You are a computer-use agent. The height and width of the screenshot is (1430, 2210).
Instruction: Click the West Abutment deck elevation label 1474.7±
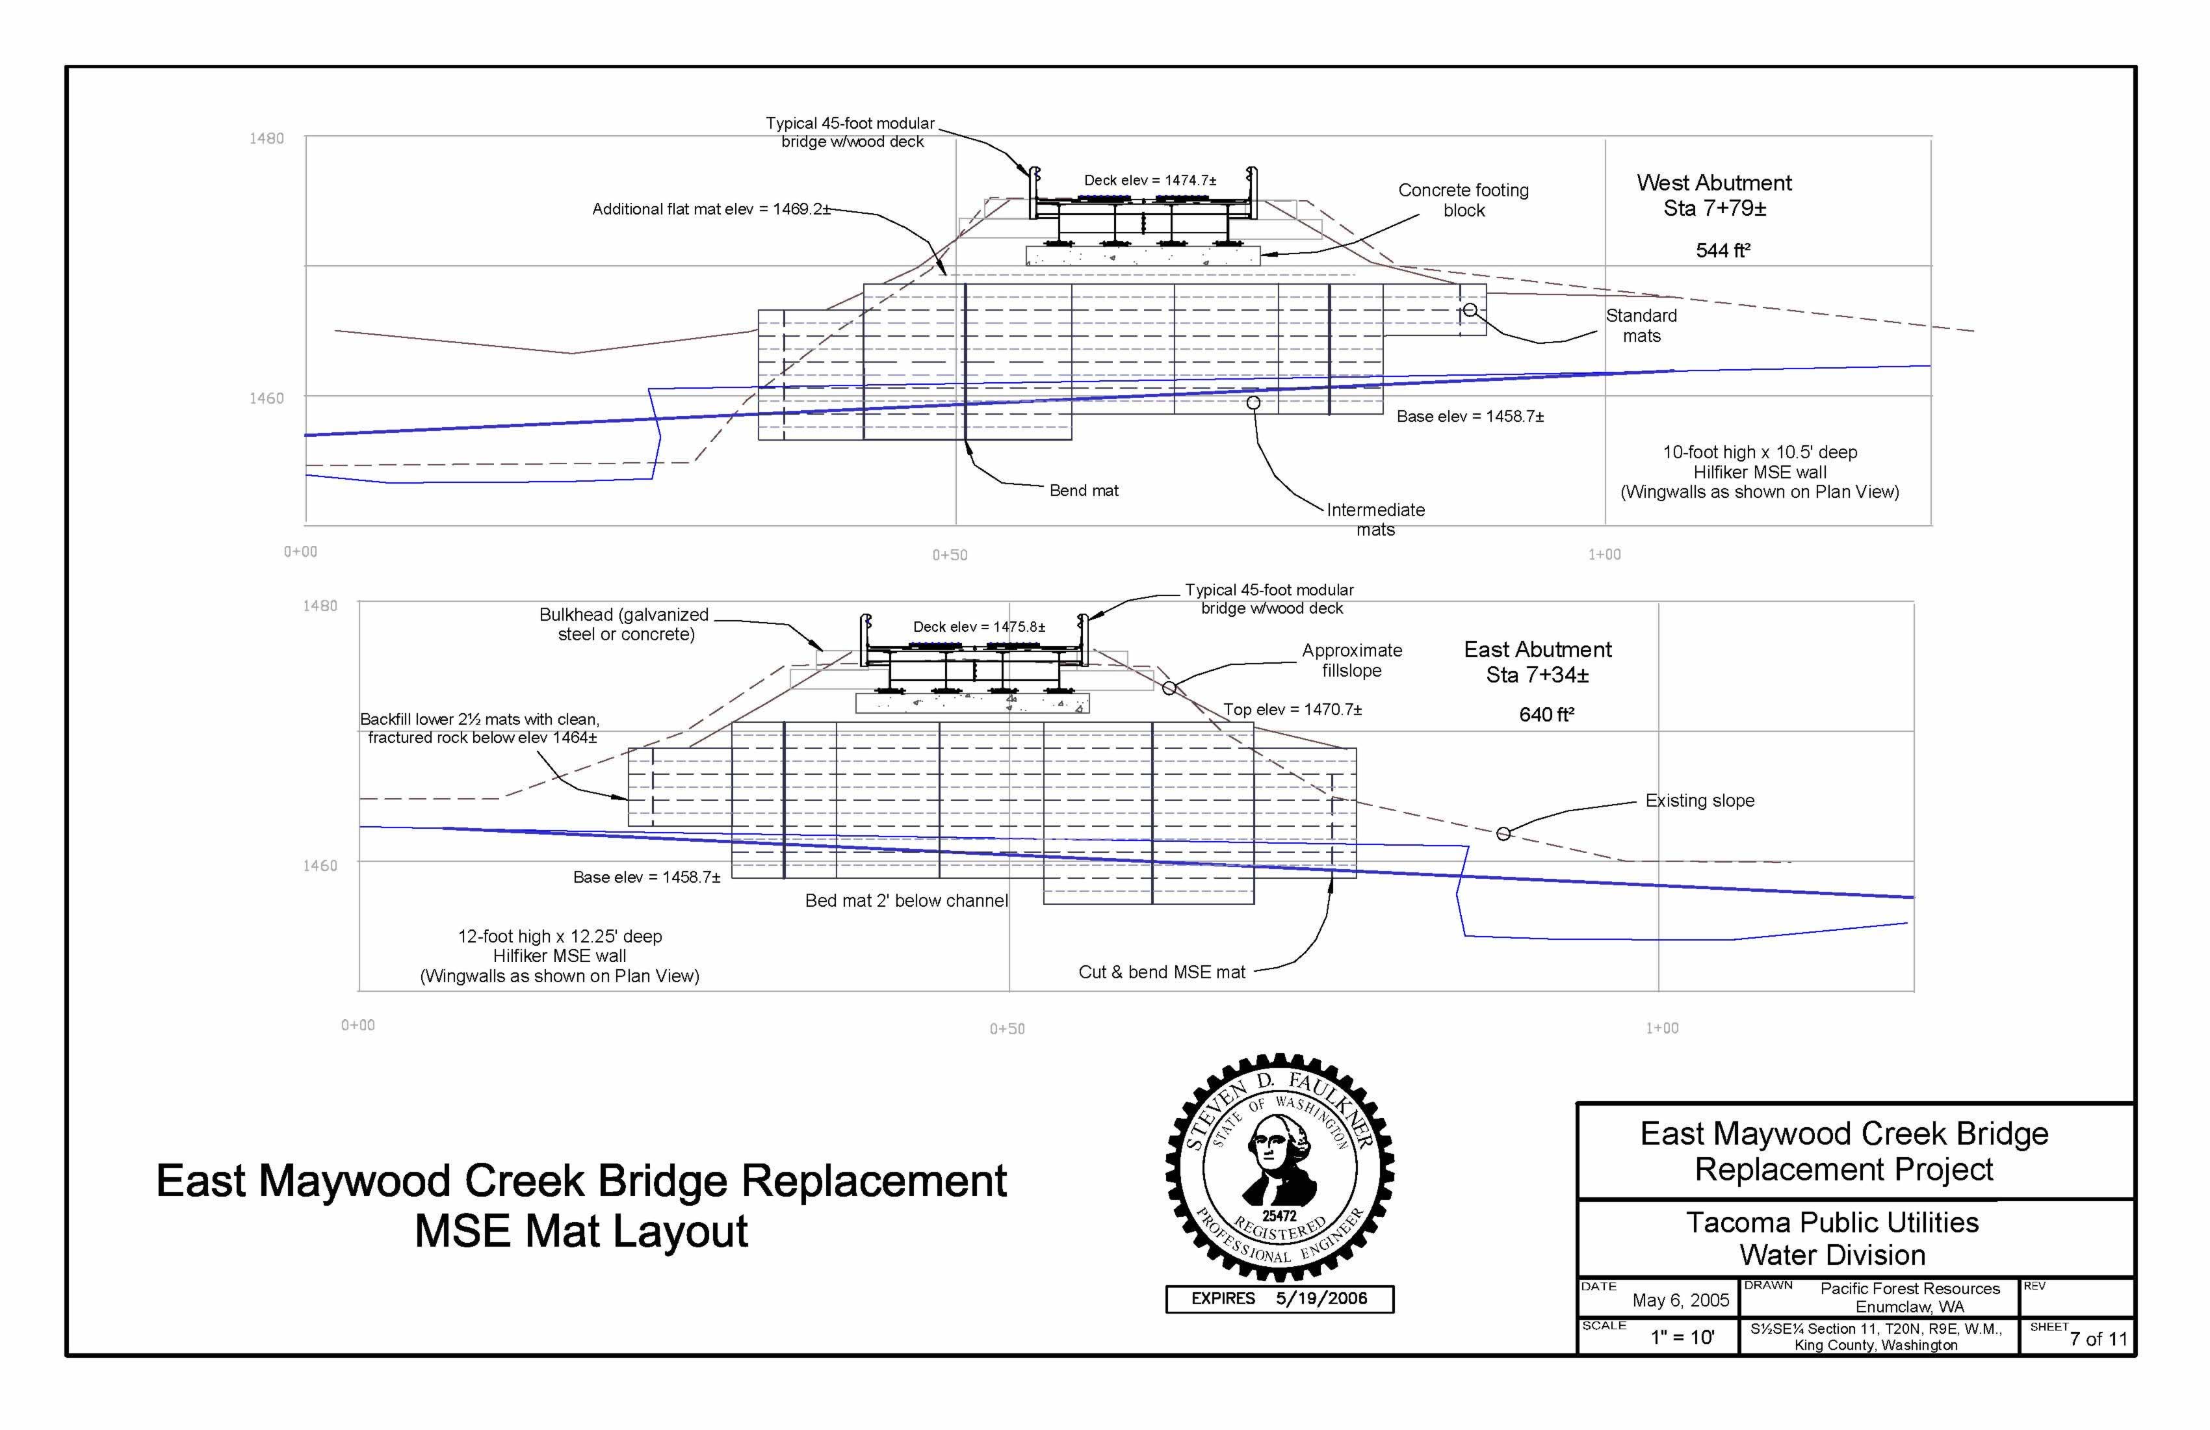[x=1150, y=180]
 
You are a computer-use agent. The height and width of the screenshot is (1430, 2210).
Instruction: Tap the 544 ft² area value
[x=1722, y=251]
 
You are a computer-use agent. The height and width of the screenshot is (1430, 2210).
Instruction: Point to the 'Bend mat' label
[x=1084, y=490]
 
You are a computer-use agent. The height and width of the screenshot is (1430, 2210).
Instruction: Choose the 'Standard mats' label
[x=1641, y=326]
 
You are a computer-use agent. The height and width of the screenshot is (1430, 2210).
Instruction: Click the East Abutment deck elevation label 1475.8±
[x=979, y=627]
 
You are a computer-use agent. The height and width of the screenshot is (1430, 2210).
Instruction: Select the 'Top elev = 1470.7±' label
[x=1292, y=709]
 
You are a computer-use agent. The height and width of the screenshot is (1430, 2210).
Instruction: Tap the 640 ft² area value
[x=1546, y=715]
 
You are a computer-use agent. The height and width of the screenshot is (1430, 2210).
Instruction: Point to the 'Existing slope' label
[x=1699, y=800]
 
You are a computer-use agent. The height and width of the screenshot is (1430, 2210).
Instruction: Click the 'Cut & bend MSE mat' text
[x=1162, y=972]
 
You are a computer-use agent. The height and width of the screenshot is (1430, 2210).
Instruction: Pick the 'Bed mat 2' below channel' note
[x=906, y=901]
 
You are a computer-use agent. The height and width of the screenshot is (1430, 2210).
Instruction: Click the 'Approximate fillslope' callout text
[x=1351, y=660]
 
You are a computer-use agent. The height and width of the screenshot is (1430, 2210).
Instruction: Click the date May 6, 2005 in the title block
[x=1681, y=1300]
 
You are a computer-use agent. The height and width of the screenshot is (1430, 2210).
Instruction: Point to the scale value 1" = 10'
[x=1682, y=1337]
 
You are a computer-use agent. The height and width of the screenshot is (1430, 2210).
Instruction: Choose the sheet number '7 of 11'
[x=2098, y=1339]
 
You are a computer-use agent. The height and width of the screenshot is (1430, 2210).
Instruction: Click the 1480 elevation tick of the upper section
[x=266, y=138]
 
